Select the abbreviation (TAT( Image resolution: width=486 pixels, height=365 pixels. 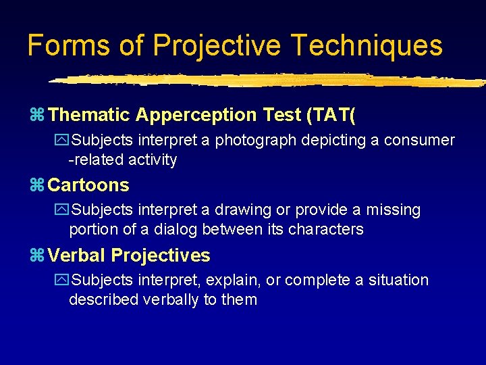pos(331,116)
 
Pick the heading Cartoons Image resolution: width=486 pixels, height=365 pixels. pos(88,185)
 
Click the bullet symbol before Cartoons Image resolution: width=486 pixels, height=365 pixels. pos(38,185)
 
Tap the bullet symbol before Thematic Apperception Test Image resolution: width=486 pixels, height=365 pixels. pos(38,116)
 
